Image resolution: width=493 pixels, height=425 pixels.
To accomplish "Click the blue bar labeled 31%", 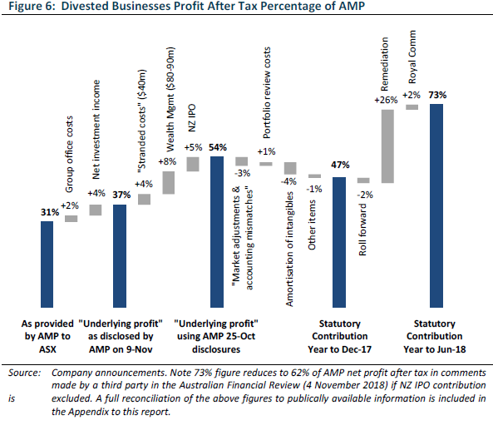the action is click(47, 264).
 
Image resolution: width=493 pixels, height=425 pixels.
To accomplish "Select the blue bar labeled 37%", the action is click(120, 256).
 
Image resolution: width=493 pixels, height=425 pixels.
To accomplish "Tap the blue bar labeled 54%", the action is click(217, 232).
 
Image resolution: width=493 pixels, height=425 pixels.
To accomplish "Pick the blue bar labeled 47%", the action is click(339, 242).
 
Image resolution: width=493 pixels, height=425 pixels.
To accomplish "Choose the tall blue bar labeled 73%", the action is click(436, 205).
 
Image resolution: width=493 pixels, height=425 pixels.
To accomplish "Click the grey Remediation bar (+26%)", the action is click(387, 146).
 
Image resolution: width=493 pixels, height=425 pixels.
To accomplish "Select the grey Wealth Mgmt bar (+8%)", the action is click(169, 183).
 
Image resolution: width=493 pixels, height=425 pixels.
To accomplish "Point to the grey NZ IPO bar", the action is click(193, 164).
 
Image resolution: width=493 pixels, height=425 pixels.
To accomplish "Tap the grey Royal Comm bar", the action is click(412, 107).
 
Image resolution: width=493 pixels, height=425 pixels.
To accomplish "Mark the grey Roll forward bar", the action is click(363, 180).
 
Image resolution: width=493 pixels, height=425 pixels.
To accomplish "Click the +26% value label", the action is click(386, 100).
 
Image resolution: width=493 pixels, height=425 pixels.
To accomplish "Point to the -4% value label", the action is click(288, 181).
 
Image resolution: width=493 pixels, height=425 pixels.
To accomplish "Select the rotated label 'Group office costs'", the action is click(69, 154).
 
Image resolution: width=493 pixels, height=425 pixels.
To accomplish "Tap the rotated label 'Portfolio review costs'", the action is click(267, 93).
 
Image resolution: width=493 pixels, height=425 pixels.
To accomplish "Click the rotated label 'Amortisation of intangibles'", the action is click(289, 249).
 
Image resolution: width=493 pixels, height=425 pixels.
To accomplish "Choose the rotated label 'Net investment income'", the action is click(96, 130).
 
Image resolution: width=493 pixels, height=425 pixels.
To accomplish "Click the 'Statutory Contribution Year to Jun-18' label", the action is click(435, 336).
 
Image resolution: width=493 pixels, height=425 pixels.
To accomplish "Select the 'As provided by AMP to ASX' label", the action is click(47, 336).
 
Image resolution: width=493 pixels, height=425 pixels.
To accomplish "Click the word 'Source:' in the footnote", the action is click(24, 373).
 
